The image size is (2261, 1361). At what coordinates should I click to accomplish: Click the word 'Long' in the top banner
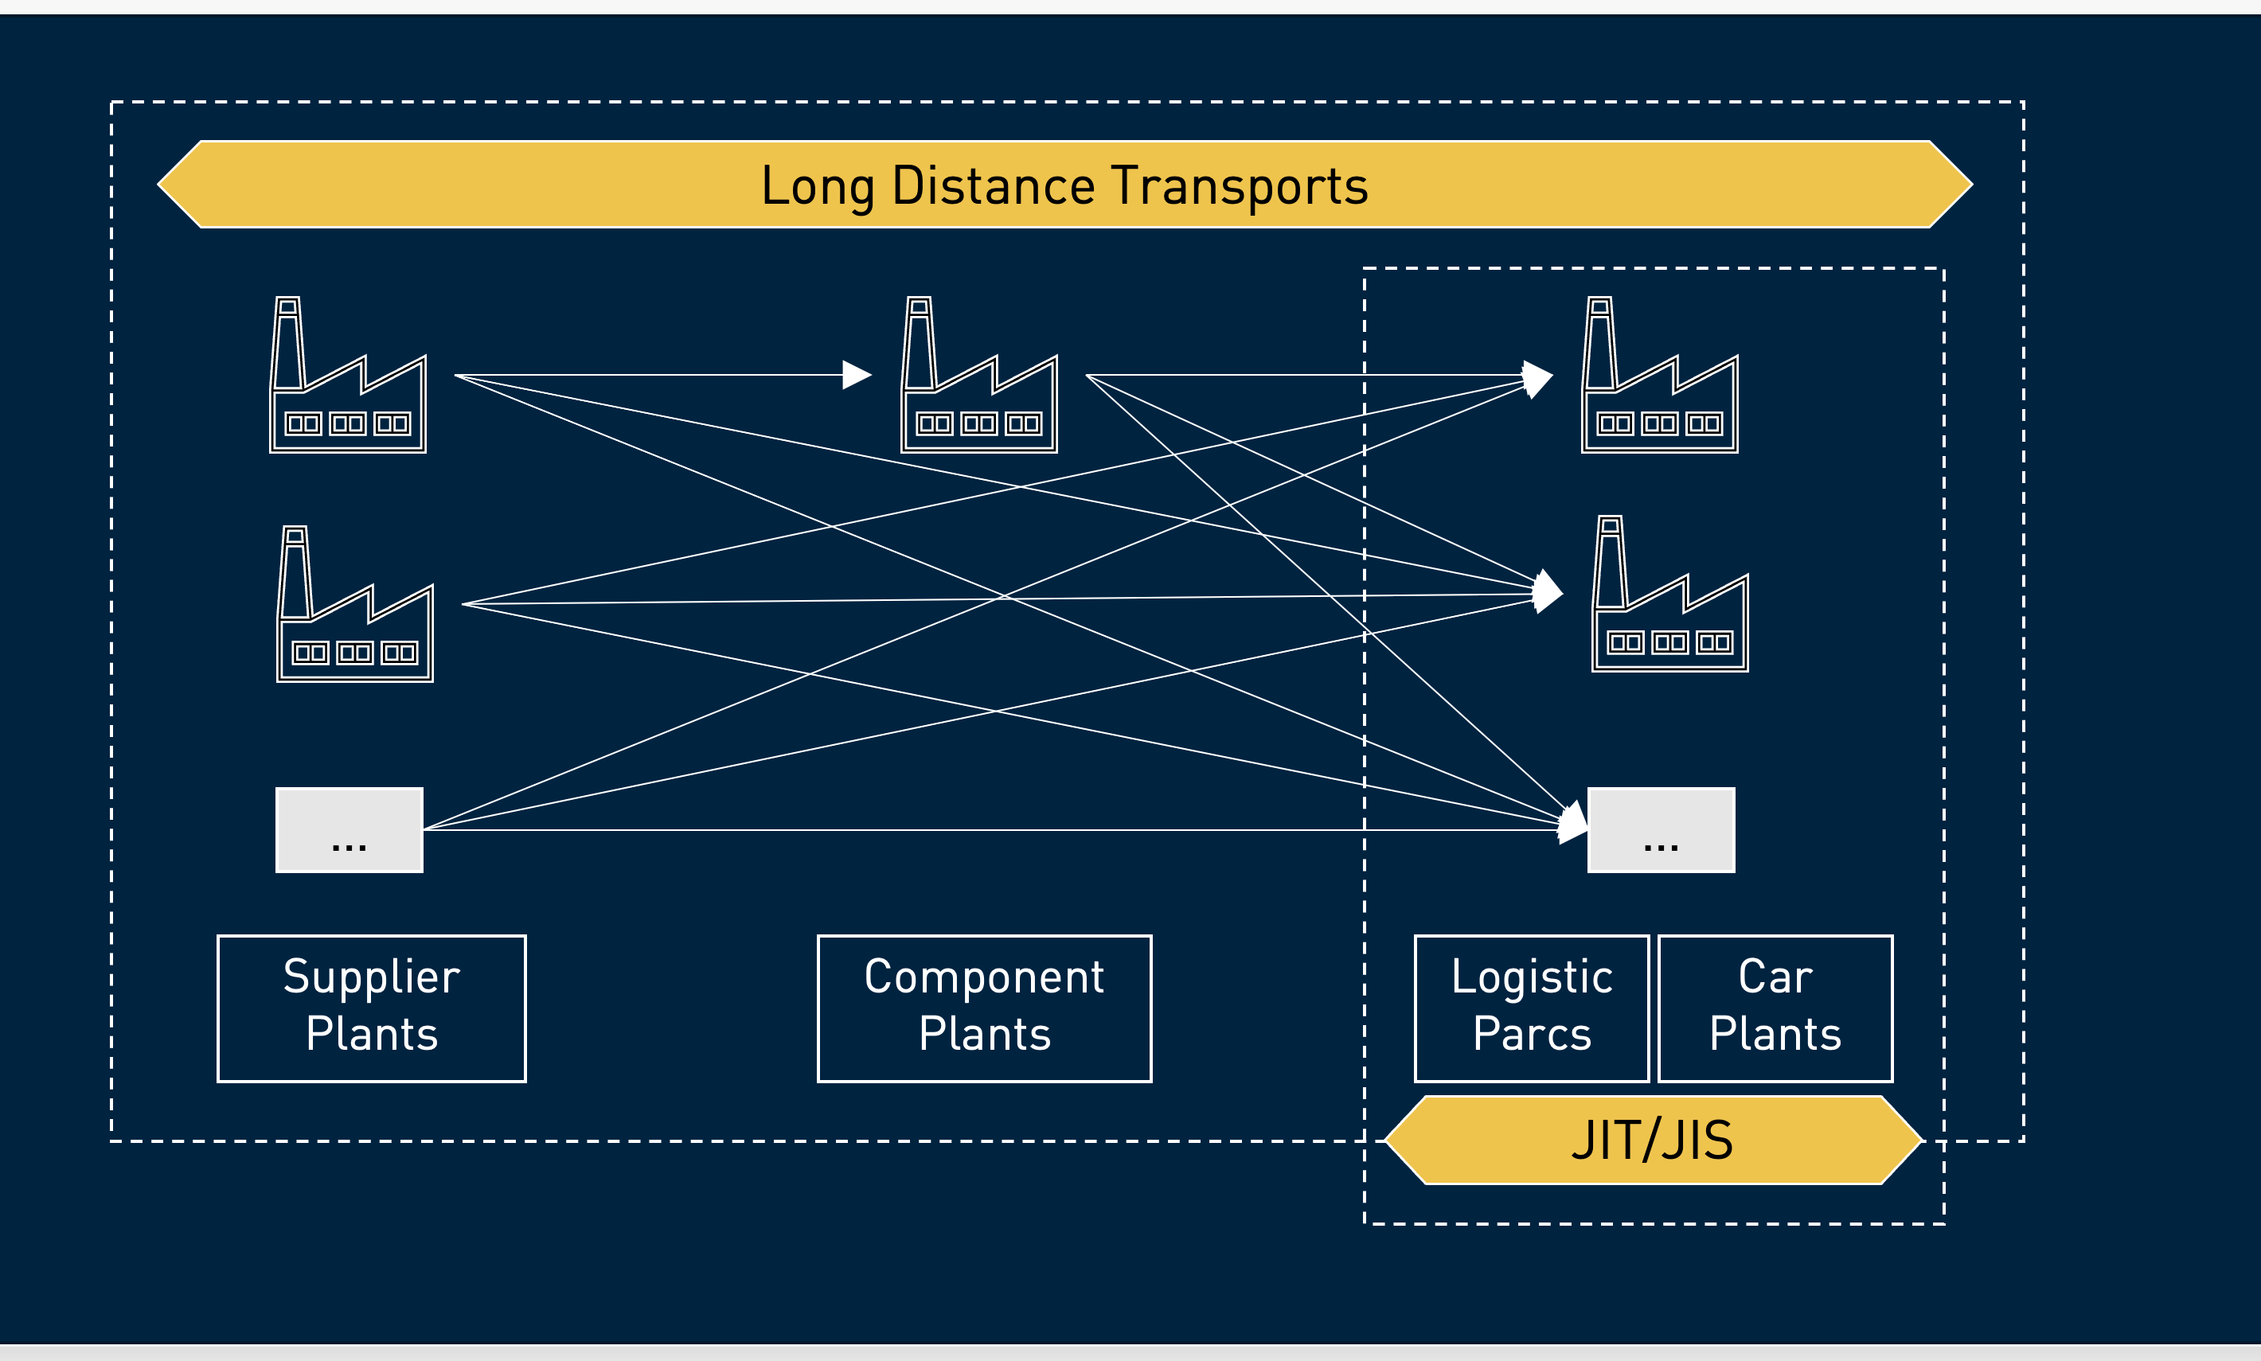816,186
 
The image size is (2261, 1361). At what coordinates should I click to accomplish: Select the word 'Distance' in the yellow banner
994,186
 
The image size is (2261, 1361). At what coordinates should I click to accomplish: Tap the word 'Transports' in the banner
1240,186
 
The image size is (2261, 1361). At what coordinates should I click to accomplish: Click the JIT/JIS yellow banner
1652,1140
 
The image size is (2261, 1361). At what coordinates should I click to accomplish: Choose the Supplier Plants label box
372,1008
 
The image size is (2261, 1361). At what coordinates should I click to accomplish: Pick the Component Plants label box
984,1008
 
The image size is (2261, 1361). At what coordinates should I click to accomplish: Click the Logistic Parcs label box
1531,1008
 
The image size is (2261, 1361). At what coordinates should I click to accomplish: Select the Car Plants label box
1775,1008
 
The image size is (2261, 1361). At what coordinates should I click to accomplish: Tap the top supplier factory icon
348,376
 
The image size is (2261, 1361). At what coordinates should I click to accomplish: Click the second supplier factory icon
355,606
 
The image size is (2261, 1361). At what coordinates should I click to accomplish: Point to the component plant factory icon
978,376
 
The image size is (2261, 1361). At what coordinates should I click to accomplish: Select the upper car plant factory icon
1659,376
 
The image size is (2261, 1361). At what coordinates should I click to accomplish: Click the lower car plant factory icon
1669,595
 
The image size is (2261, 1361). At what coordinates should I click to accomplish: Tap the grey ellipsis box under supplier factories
349,830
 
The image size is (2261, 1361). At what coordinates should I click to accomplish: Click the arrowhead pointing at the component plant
856,375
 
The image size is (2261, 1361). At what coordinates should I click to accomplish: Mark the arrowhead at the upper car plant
1538,378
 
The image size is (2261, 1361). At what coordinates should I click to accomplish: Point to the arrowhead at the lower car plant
1548,591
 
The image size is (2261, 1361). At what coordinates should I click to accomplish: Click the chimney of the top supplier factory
288,343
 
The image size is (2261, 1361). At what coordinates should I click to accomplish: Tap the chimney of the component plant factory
919,343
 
